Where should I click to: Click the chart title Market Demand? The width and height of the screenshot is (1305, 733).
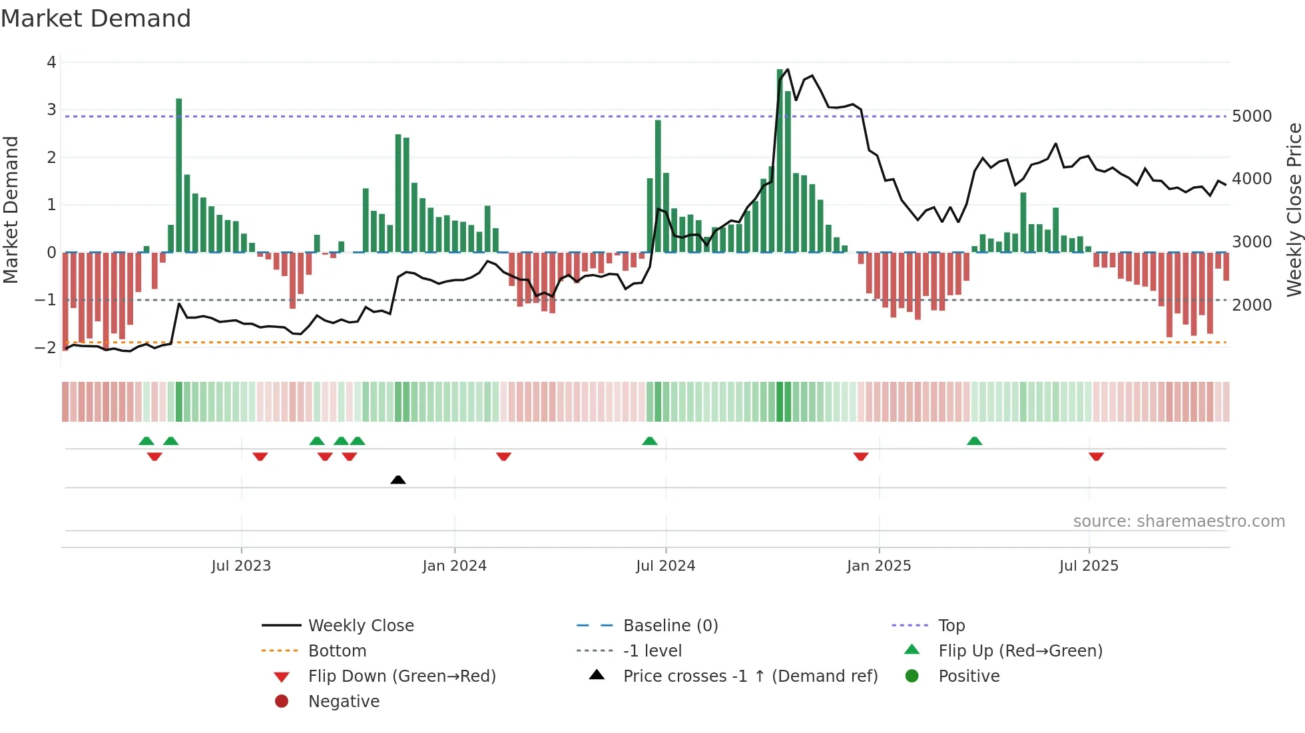(x=96, y=19)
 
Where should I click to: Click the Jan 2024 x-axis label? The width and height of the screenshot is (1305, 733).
(x=454, y=566)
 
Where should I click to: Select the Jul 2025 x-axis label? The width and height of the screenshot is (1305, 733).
(x=1089, y=566)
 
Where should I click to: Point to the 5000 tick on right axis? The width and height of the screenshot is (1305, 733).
(x=1252, y=116)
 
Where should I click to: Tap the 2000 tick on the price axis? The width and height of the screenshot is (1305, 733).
(x=1252, y=305)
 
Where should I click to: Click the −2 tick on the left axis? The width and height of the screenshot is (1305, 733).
(x=46, y=347)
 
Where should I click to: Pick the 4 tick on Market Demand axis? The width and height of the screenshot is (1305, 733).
(x=51, y=63)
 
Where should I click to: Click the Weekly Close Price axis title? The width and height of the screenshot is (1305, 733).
(x=1294, y=210)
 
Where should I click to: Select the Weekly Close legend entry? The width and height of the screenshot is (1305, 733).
(x=360, y=626)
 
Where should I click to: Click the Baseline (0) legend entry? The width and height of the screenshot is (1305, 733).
(x=670, y=626)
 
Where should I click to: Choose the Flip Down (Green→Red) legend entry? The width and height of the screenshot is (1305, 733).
(x=401, y=676)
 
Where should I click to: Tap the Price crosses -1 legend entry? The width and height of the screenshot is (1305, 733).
(x=750, y=676)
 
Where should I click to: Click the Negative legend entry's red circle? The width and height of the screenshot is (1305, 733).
(x=282, y=702)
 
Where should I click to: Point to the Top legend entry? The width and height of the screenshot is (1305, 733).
(x=951, y=626)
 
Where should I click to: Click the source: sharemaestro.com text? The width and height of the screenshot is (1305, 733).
(x=1178, y=521)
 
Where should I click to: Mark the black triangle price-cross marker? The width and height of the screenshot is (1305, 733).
(x=398, y=480)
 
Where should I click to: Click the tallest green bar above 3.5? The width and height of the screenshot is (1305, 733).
(x=780, y=160)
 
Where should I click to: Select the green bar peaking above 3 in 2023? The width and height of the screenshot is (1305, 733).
(x=179, y=176)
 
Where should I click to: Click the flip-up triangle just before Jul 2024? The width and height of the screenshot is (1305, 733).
(x=650, y=441)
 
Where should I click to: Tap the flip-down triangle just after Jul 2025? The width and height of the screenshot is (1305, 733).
(x=1097, y=456)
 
